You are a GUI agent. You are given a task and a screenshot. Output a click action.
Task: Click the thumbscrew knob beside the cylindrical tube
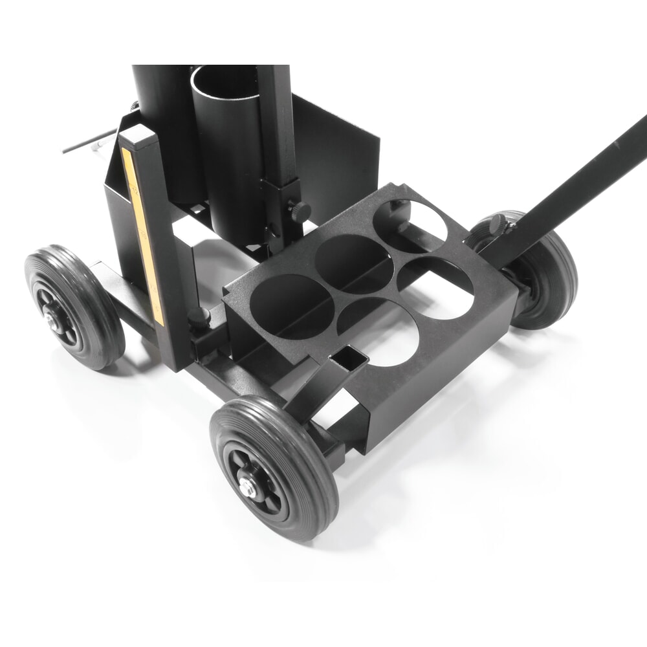pyautogui.click(x=299, y=210)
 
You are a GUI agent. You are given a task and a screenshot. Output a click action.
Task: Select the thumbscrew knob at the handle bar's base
pyautogui.click(x=498, y=224)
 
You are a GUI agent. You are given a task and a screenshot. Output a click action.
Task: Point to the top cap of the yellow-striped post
pyautogui.click(x=137, y=137)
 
